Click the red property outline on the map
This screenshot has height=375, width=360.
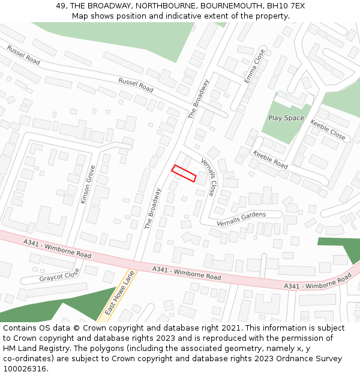184,173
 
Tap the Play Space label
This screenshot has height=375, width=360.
286,118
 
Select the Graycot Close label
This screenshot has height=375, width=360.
59,277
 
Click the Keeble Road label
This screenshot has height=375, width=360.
271,159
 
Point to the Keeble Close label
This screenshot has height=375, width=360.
328,130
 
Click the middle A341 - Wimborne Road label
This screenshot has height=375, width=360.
186,273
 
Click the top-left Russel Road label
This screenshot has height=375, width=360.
23,56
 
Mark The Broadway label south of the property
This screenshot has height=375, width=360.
153,209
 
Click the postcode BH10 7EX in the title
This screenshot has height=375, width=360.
284,5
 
